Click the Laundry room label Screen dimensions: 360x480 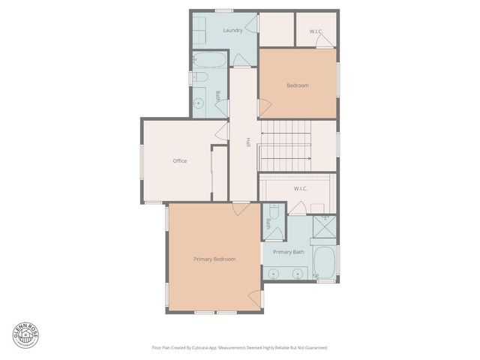point(232,31)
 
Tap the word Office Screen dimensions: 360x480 point(179,160)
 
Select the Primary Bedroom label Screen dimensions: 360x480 point(214,259)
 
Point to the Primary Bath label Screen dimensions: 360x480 point(288,252)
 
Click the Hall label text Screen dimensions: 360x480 point(248,142)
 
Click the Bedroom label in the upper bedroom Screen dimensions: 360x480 point(298,85)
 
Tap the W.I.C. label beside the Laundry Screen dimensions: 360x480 point(316,31)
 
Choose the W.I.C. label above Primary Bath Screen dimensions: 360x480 point(301,188)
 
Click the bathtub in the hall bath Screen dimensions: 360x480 point(205,61)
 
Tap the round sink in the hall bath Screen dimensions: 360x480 point(199,103)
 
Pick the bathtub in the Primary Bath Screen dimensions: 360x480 point(324,262)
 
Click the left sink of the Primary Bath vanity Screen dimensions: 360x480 point(273,274)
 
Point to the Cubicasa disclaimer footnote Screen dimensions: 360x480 point(240,347)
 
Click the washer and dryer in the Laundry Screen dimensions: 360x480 point(201,31)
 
